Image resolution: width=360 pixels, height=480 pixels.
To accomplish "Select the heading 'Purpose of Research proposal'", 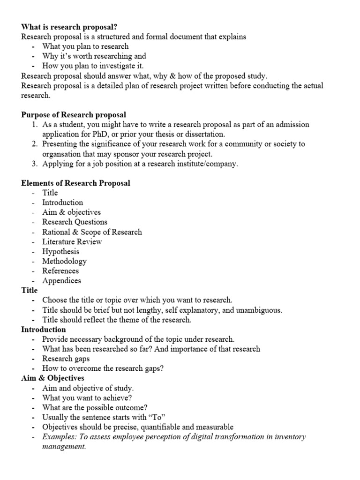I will pyautogui.click(x=74, y=115).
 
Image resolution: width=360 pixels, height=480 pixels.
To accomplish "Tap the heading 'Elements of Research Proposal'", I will pyautogui.click(x=75, y=183).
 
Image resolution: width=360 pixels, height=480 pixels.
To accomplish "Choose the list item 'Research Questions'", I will pyautogui.click(x=75, y=222).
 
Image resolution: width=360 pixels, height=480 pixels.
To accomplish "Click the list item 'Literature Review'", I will pyautogui.click(x=72, y=242).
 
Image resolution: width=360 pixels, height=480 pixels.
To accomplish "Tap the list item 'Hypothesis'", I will pyautogui.click(x=61, y=252).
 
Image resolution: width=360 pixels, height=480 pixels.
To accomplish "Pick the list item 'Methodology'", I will pyautogui.click(x=64, y=261).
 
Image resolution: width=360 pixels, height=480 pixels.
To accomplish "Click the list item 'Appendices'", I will pyautogui.click(x=61, y=281).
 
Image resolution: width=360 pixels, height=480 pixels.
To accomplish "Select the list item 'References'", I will pyautogui.click(x=60, y=271).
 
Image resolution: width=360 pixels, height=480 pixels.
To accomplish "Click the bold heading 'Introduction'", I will pyautogui.click(x=44, y=330).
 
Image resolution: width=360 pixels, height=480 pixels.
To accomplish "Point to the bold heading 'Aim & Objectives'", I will pyautogui.click(x=52, y=378).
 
